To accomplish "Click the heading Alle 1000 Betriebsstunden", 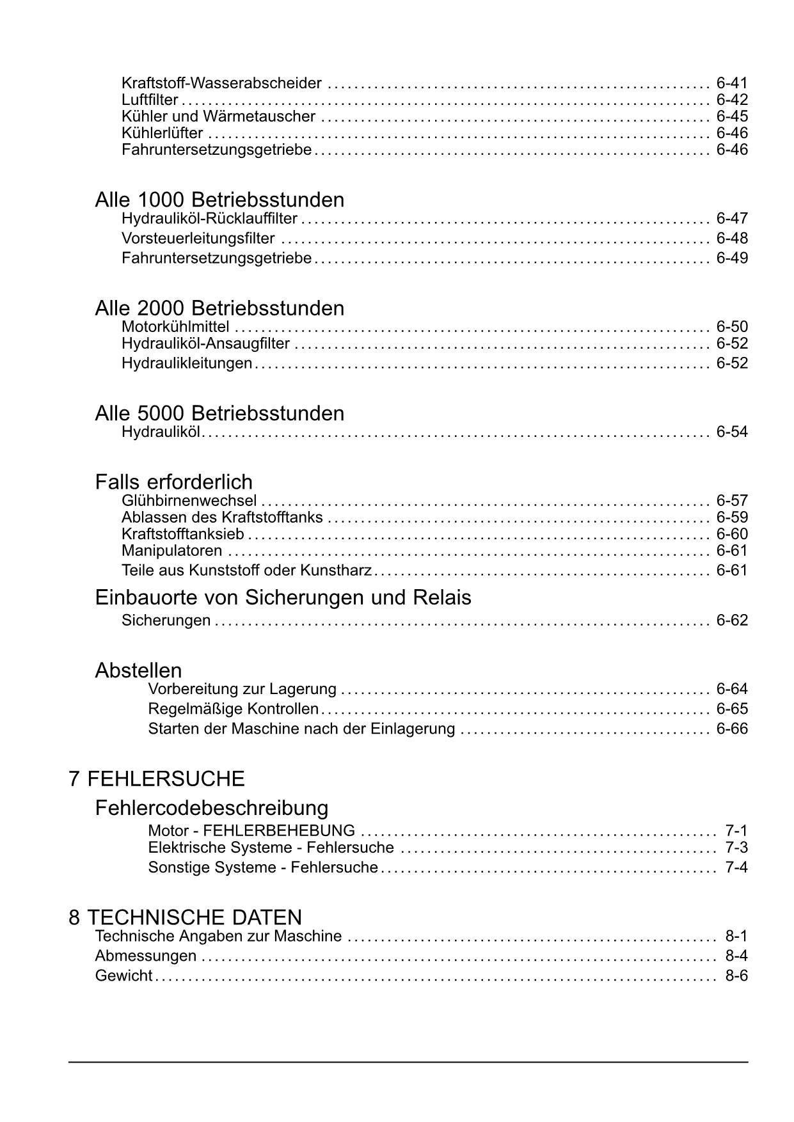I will click(x=219, y=200).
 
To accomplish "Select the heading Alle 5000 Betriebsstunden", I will click(x=219, y=413).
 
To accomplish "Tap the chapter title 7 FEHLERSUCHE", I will click(x=157, y=778).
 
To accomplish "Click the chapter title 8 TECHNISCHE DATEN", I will click(x=186, y=917).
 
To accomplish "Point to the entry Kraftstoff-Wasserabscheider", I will click(x=221, y=83).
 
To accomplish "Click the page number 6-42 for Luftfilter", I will click(x=732, y=100).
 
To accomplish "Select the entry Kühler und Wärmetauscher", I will click(x=218, y=116).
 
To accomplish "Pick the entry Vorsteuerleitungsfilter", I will click(x=198, y=239).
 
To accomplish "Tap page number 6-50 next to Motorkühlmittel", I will click(x=732, y=327).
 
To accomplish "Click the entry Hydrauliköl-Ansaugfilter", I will click(x=205, y=344).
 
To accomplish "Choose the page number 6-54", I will click(x=732, y=432).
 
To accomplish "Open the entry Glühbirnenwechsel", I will click(x=189, y=501).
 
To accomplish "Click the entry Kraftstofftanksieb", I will click(x=183, y=534).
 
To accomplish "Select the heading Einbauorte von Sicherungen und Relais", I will click(x=283, y=597).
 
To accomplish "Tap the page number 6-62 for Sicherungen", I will click(x=732, y=620).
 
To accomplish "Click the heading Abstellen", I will click(x=138, y=670).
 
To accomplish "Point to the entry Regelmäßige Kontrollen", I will click(x=233, y=709).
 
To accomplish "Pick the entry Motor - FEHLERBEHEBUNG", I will click(x=251, y=831).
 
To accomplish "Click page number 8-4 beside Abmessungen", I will click(x=736, y=956).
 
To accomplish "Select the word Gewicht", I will click(x=123, y=976).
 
